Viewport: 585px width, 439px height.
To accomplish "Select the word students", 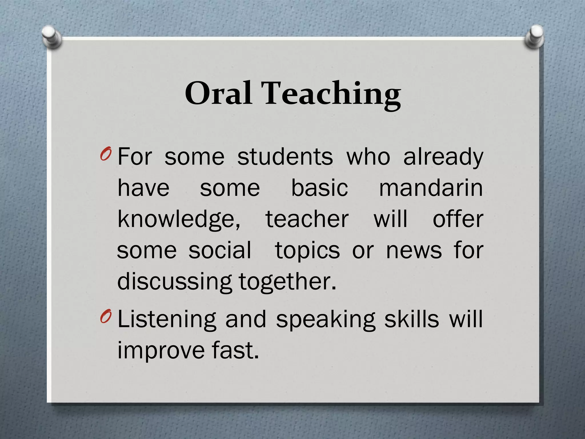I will [285, 157].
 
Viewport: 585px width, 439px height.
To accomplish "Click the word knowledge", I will [179, 219].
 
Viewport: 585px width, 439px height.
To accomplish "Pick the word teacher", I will [307, 219].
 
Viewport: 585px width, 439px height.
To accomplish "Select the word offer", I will [458, 219].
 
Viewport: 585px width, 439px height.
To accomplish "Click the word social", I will [220, 250].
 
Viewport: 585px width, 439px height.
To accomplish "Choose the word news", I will [414, 250].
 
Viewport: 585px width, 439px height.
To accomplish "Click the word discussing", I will [175, 282].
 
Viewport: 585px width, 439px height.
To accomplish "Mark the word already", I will [443, 157].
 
